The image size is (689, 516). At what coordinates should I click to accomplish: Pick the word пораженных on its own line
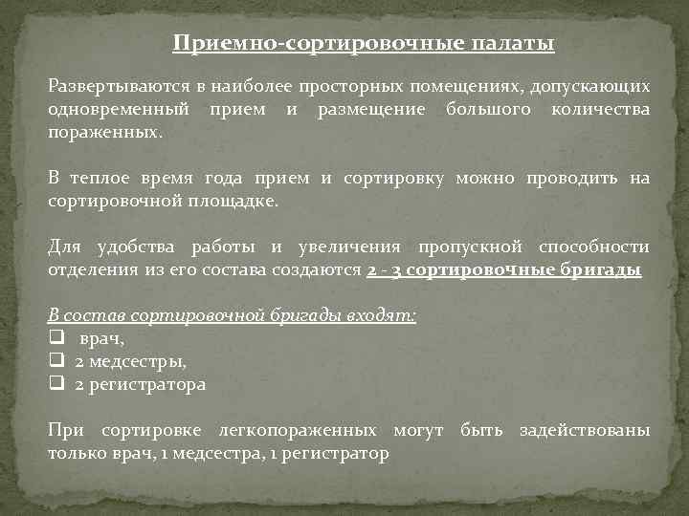(105, 132)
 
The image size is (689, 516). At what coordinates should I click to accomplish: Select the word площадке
(231, 201)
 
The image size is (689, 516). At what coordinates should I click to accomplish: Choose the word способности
(592, 247)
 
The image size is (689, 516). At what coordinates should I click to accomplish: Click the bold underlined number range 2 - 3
(385, 270)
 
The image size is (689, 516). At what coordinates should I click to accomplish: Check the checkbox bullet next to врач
(56, 339)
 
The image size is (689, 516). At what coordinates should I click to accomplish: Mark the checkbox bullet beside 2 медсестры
(56, 362)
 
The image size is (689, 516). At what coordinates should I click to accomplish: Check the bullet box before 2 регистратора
(56, 385)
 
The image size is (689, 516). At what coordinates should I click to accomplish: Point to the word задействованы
(584, 431)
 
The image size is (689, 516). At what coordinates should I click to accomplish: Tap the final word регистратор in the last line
(341, 454)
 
